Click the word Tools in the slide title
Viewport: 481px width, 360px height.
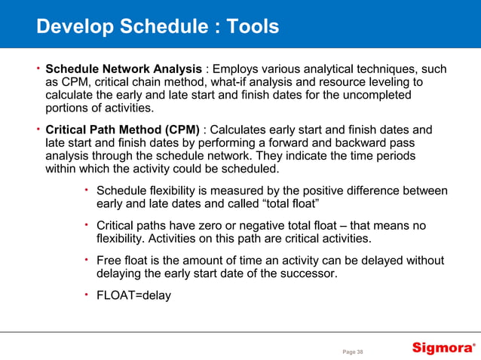(x=248, y=27)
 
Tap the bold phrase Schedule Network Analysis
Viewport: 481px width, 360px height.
(x=124, y=69)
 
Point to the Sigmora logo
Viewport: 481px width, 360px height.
(x=443, y=347)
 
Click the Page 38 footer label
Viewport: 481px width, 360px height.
(x=353, y=351)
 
